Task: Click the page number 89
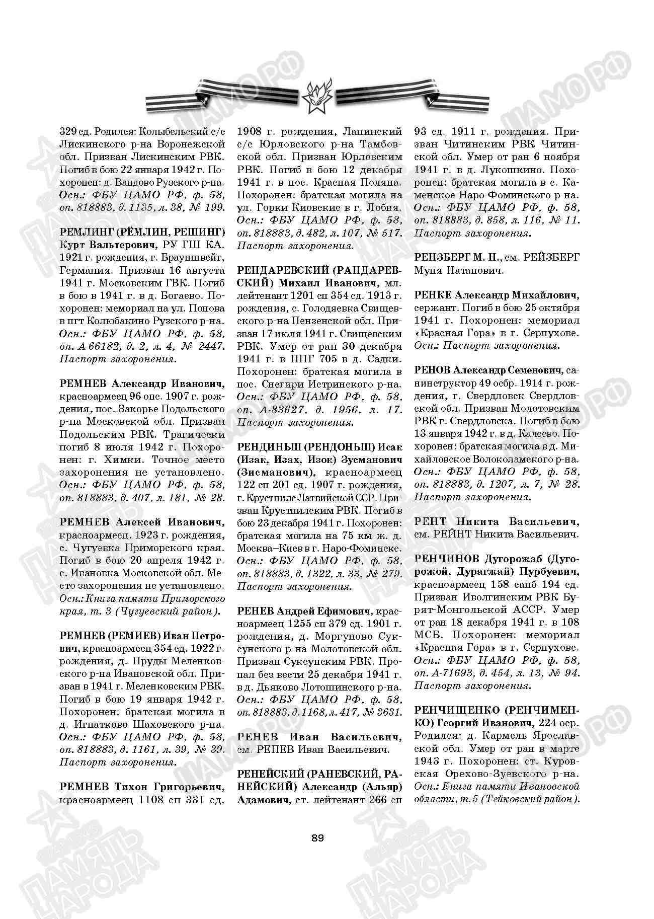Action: pos(317,838)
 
